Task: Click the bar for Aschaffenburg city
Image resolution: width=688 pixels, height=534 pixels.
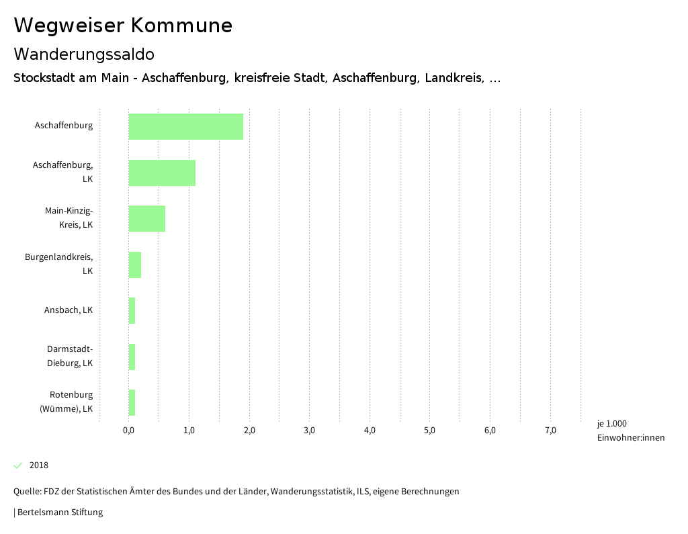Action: pyautogui.click(x=185, y=126)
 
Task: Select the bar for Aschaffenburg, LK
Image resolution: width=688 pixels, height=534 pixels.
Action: pyautogui.click(x=162, y=173)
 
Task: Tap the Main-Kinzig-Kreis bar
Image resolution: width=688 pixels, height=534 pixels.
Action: pyautogui.click(x=146, y=218)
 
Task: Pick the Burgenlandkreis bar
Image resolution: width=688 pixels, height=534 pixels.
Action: pyautogui.click(x=135, y=265)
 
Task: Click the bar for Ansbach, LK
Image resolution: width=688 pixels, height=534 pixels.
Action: pyautogui.click(x=132, y=310)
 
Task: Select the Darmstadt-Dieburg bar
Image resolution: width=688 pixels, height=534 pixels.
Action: pyautogui.click(x=132, y=357)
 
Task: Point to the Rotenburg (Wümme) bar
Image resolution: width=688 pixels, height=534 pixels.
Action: pyautogui.click(x=132, y=402)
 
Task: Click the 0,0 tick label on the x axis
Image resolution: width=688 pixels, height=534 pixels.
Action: pyautogui.click(x=128, y=431)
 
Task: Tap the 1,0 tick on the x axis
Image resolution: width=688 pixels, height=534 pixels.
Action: pyautogui.click(x=189, y=431)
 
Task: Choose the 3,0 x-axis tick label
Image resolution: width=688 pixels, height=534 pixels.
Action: pyautogui.click(x=309, y=431)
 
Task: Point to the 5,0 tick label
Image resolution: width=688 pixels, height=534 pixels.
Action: pyautogui.click(x=429, y=431)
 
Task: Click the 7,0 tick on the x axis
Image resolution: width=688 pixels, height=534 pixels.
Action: pyautogui.click(x=550, y=431)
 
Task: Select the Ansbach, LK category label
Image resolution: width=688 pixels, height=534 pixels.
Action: pyautogui.click(x=69, y=310)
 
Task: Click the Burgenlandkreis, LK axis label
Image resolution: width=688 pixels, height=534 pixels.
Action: pyautogui.click(x=59, y=264)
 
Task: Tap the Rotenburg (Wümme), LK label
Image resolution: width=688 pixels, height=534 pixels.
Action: pyautogui.click(x=67, y=402)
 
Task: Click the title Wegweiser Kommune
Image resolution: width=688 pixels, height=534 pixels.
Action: pyautogui.click(x=123, y=26)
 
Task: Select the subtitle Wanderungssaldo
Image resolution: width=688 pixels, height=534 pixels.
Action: pyautogui.click(x=84, y=54)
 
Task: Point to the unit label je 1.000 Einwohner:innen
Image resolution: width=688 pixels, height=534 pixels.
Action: pyautogui.click(x=630, y=431)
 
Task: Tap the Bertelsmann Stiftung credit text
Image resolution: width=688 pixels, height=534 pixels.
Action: pyautogui.click(x=59, y=513)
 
